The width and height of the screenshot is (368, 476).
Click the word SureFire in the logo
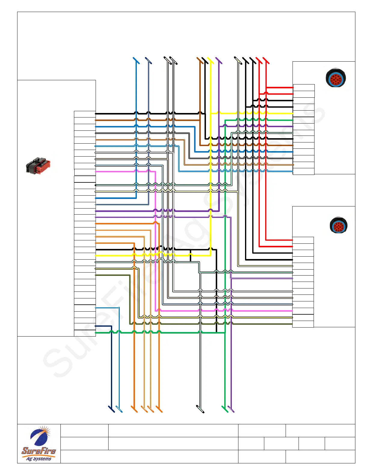[x=39, y=451]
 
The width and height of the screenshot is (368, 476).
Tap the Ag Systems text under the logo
[x=39, y=459]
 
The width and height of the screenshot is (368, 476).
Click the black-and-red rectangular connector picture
[x=38, y=166]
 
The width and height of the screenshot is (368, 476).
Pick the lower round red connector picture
[x=339, y=225]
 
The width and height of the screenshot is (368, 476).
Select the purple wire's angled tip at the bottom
[x=231, y=409]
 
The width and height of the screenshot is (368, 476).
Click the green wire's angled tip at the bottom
[x=225, y=409]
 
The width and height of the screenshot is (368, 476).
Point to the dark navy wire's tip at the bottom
[x=112, y=409]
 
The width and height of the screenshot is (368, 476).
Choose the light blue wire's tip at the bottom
[x=119, y=409]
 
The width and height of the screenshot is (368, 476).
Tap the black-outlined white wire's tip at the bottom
[x=200, y=409]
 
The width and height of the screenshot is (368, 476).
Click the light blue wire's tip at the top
[x=136, y=60]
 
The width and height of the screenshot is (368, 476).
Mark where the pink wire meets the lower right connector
[x=292, y=311]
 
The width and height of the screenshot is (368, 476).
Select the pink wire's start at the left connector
[x=96, y=172]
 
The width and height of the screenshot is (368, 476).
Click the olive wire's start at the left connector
[x=96, y=275]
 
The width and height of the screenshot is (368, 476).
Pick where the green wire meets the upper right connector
[x=292, y=120]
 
